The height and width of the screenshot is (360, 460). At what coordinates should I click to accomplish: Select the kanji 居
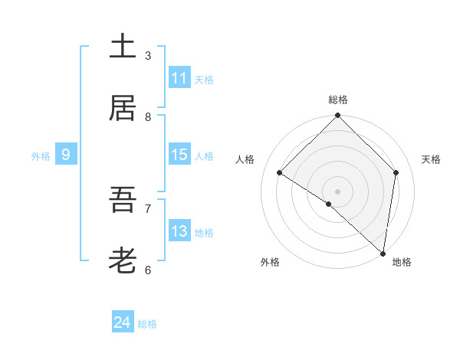point(123,108)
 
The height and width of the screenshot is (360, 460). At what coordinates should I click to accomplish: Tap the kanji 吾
point(123,201)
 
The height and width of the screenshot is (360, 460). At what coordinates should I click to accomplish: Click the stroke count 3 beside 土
point(148,55)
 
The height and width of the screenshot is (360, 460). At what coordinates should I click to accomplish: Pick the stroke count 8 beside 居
point(148,116)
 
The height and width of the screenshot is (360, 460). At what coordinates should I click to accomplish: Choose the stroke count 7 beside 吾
point(148,208)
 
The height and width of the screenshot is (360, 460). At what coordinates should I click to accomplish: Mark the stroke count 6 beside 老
point(148,270)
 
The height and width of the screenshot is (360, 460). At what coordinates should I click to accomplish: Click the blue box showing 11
point(179,78)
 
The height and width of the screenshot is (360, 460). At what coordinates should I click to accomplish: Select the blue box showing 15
point(179,155)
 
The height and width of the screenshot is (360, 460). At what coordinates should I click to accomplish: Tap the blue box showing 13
point(179,231)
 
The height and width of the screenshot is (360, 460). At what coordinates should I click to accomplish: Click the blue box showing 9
point(66,155)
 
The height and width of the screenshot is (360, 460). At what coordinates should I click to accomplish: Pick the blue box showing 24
point(123,322)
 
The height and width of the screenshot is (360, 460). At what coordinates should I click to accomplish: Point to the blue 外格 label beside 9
point(41,156)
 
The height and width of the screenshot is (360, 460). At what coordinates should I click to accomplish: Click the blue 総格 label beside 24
point(147,324)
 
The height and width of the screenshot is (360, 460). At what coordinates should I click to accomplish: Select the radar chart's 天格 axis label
point(432,159)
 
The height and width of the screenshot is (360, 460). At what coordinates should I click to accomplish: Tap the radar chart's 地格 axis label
point(402,262)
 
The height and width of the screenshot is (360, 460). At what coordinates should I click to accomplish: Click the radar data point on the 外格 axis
point(329,204)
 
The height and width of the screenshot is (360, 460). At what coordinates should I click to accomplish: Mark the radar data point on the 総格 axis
point(337,116)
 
